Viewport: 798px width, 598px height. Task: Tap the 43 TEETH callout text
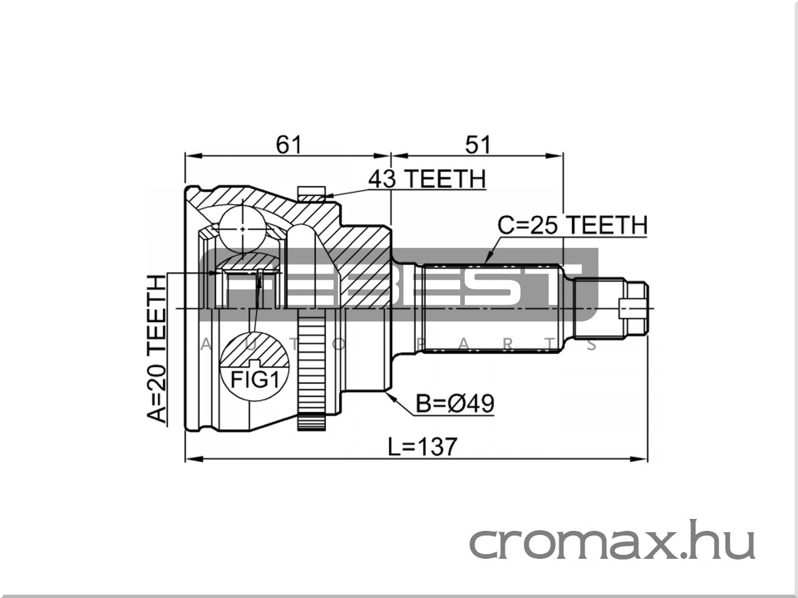[427, 179]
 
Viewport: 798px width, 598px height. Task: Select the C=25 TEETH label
[573, 225]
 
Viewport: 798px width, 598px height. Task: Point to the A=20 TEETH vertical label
[157, 348]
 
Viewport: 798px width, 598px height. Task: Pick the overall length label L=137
[422, 447]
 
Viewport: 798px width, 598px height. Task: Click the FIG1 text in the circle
[255, 380]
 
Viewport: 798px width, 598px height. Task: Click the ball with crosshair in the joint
[243, 229]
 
